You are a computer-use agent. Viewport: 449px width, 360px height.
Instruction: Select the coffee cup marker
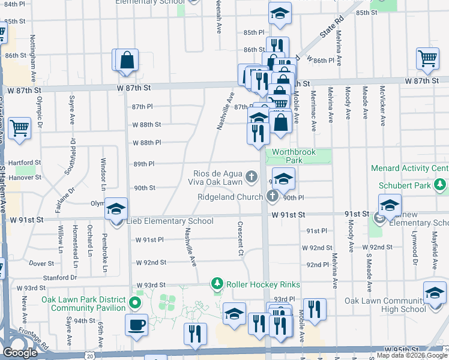point(136,325)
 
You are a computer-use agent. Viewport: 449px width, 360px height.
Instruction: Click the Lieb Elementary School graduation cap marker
point(116,209)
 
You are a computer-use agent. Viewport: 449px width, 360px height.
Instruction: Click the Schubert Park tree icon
point(441,185)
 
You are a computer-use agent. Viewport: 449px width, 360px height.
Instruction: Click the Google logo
point(20,353)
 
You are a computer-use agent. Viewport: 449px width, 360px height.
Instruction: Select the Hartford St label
point(25,162)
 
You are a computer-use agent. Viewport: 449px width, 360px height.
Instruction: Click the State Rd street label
point(330,28)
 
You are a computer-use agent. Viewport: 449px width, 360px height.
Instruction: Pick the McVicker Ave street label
point(382,105)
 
